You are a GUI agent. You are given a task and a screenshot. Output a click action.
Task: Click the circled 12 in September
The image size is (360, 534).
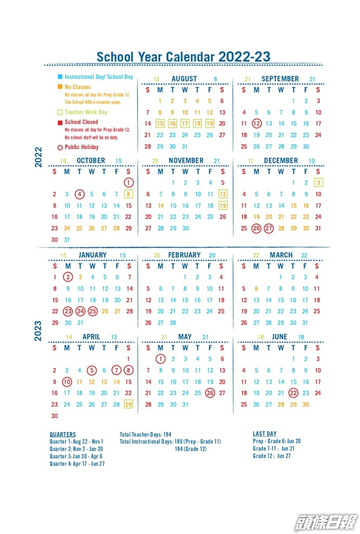257,123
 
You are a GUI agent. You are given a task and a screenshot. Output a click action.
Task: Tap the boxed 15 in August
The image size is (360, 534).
160,123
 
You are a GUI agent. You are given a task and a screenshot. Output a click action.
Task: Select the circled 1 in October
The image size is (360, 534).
129,182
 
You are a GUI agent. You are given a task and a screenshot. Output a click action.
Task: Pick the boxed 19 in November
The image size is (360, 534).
223,206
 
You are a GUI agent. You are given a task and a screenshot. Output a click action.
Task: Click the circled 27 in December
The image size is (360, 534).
269,228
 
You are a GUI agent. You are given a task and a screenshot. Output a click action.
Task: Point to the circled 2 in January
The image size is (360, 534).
68,277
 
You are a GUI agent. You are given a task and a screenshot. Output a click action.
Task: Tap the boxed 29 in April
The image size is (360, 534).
129,404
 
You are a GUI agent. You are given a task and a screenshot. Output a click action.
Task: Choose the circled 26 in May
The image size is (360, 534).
210,393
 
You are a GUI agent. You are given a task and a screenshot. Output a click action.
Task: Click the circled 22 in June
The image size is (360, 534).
293,393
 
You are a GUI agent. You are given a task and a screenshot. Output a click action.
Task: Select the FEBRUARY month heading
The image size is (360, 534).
184,255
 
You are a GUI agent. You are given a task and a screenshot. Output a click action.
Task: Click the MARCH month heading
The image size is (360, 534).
281,255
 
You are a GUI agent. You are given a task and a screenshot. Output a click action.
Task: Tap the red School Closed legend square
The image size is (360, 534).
60,122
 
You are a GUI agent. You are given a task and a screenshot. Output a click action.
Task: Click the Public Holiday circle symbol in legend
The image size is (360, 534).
60,148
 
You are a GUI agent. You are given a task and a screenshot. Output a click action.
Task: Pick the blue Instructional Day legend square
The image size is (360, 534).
60,77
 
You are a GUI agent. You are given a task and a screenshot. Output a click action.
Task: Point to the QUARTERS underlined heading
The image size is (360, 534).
63,435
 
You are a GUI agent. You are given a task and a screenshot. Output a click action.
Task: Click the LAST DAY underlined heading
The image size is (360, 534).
264,434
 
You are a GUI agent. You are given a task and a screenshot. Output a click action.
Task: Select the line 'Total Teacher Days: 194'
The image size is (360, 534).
145,435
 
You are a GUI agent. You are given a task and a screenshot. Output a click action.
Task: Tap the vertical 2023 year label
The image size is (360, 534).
38,330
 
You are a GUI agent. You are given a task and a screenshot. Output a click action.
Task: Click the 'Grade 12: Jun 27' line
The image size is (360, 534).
271,456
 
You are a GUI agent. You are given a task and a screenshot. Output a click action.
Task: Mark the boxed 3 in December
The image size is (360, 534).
318,182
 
